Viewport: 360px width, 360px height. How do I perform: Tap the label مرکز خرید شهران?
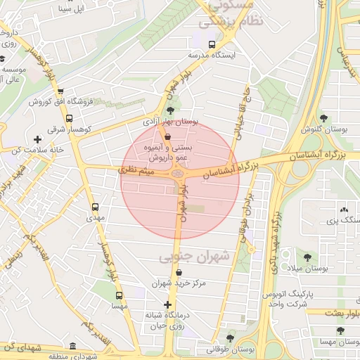point(179,283)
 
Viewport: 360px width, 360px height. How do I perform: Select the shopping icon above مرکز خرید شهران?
point(179,272)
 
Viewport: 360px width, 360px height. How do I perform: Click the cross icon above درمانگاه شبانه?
point(167,304)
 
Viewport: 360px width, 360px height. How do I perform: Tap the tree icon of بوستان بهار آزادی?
point(170,110)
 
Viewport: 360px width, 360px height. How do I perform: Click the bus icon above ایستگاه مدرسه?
point(212,44)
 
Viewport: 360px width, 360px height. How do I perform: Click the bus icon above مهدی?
point(95,207)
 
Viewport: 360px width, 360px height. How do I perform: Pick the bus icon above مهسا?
point(119,295)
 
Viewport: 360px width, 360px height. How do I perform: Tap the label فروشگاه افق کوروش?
point(62,102)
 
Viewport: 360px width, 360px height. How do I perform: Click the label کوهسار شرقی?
point(65,129)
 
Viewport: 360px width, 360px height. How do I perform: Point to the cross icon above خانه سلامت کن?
point(37,139)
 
